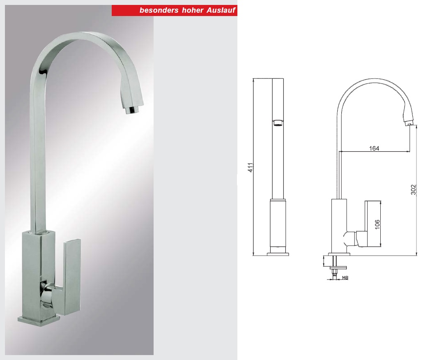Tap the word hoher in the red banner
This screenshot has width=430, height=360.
click(x=188, y=11)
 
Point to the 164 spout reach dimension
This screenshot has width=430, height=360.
click(x=374, y=148)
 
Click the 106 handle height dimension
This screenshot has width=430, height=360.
click(x=377, y=224)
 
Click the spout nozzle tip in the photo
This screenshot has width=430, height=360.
click(x=132, y=110)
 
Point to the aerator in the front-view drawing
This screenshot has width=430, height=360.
click(x=278, y=122)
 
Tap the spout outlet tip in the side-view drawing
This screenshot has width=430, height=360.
click(x=408, y=122)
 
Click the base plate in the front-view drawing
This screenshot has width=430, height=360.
click(x=278, y=254)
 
